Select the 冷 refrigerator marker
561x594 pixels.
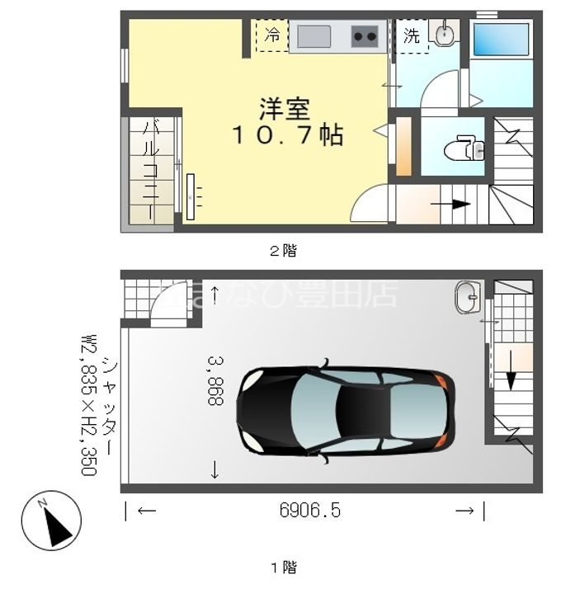coord(272,36)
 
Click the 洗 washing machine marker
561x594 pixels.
coord(411,36)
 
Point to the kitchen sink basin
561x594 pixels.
coord(314,36)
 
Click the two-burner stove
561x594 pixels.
coord(365,36)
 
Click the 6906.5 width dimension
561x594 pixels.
coord(309,511)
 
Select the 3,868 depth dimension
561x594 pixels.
coord(216,380)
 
